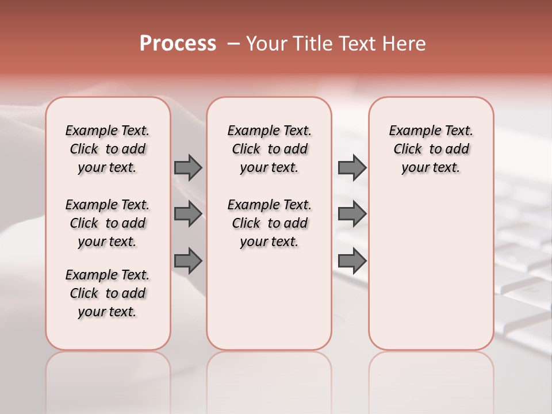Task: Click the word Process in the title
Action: tap(178, 44)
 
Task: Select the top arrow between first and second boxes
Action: tap(188, 167)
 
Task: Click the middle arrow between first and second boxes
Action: tap(188, 214)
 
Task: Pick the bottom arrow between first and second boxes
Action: tap(188, 260)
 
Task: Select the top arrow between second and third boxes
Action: tap(352, 167)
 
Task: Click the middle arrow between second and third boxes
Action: tap(352, 214)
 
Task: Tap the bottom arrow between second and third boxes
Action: tap(352, 260)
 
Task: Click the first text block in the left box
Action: tap(108, 149)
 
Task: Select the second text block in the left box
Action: tap(108, 223)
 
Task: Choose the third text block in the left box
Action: tap(108, 293)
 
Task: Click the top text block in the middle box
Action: tap(269, 149)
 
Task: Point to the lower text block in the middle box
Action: tap(269, 223)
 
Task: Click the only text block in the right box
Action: tap(431, 149)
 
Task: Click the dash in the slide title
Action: tap(233, 44)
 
